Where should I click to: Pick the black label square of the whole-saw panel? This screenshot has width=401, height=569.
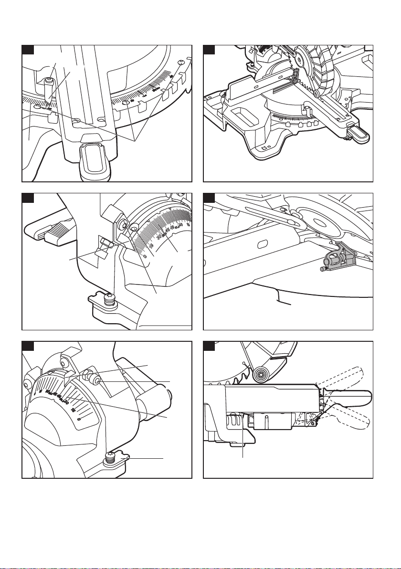pos(208,50)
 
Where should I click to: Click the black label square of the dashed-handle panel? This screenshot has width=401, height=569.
pos(208,345)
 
